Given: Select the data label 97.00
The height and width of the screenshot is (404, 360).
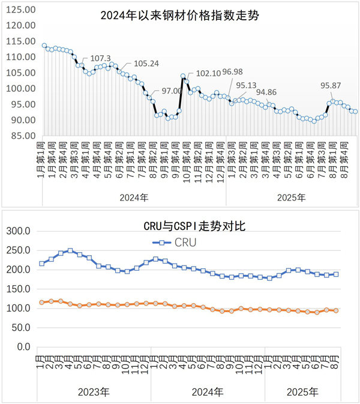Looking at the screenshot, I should [172, 90].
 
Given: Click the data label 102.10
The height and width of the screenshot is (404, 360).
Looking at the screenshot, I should [208, 73].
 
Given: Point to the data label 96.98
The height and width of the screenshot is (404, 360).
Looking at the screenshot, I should [234, 73].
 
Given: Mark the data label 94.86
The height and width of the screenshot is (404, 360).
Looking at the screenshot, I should [267, 92].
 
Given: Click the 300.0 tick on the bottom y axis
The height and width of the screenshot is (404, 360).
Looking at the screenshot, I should [20, 231].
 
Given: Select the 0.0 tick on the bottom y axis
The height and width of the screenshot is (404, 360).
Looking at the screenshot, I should [24, 347].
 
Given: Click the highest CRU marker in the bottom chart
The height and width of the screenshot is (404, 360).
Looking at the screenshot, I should [70, 251].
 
